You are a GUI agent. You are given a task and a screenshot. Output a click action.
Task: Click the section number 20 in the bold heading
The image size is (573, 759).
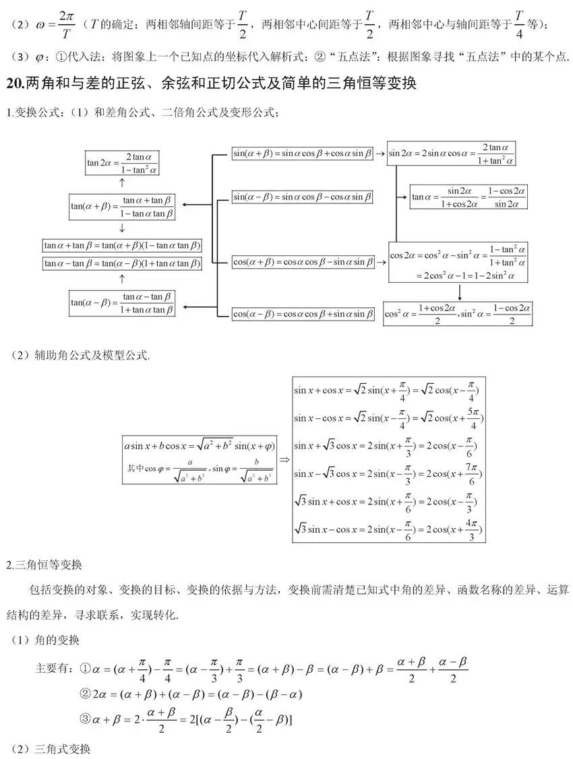15,84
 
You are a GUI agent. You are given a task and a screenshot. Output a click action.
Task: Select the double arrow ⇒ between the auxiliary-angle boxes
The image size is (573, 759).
284,459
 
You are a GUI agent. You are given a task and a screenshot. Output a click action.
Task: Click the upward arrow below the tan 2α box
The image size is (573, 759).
122,183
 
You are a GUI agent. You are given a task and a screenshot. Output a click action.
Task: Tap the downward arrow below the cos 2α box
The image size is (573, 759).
459,292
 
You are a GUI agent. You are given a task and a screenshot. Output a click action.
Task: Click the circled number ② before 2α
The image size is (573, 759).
85,694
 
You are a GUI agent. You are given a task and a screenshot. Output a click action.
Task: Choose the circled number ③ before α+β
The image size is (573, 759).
85,719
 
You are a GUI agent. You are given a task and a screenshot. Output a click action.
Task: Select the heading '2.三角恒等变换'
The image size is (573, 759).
44,564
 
